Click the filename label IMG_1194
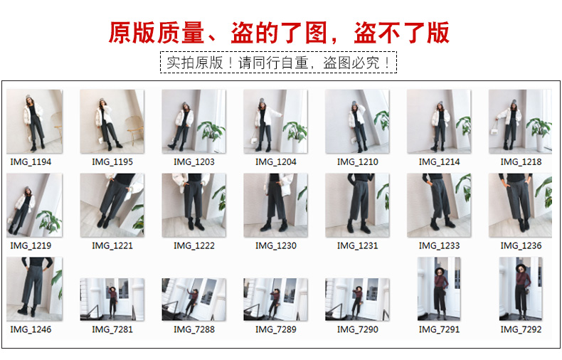click(x=31, y=162)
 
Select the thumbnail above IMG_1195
click(x=112, y=121)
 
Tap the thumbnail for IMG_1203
click(x=194, y=121)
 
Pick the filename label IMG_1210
click(x=358, y=162)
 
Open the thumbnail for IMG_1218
click(x=520, y=121)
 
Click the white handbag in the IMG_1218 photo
click(x=494, y=131)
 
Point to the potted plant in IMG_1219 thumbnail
click(x=49, y=221)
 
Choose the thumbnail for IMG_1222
click(x=194, y=205)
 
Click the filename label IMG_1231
click(x=358, y=245)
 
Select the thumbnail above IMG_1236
click(x=520, y=205)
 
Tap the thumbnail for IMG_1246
click(x=34, y=289)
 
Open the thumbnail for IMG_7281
click(x=112, y=300)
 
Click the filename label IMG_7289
click(x=276, y=329)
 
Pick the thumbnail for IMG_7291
click(x=439, y=288)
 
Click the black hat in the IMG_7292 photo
click(x=521, y=267)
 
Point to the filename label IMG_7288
click(x=194, y=329)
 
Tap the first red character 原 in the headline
click(x=120, y=33)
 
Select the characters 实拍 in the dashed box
click(x=180, y=63)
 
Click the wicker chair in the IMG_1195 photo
click(x=135, y=128)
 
